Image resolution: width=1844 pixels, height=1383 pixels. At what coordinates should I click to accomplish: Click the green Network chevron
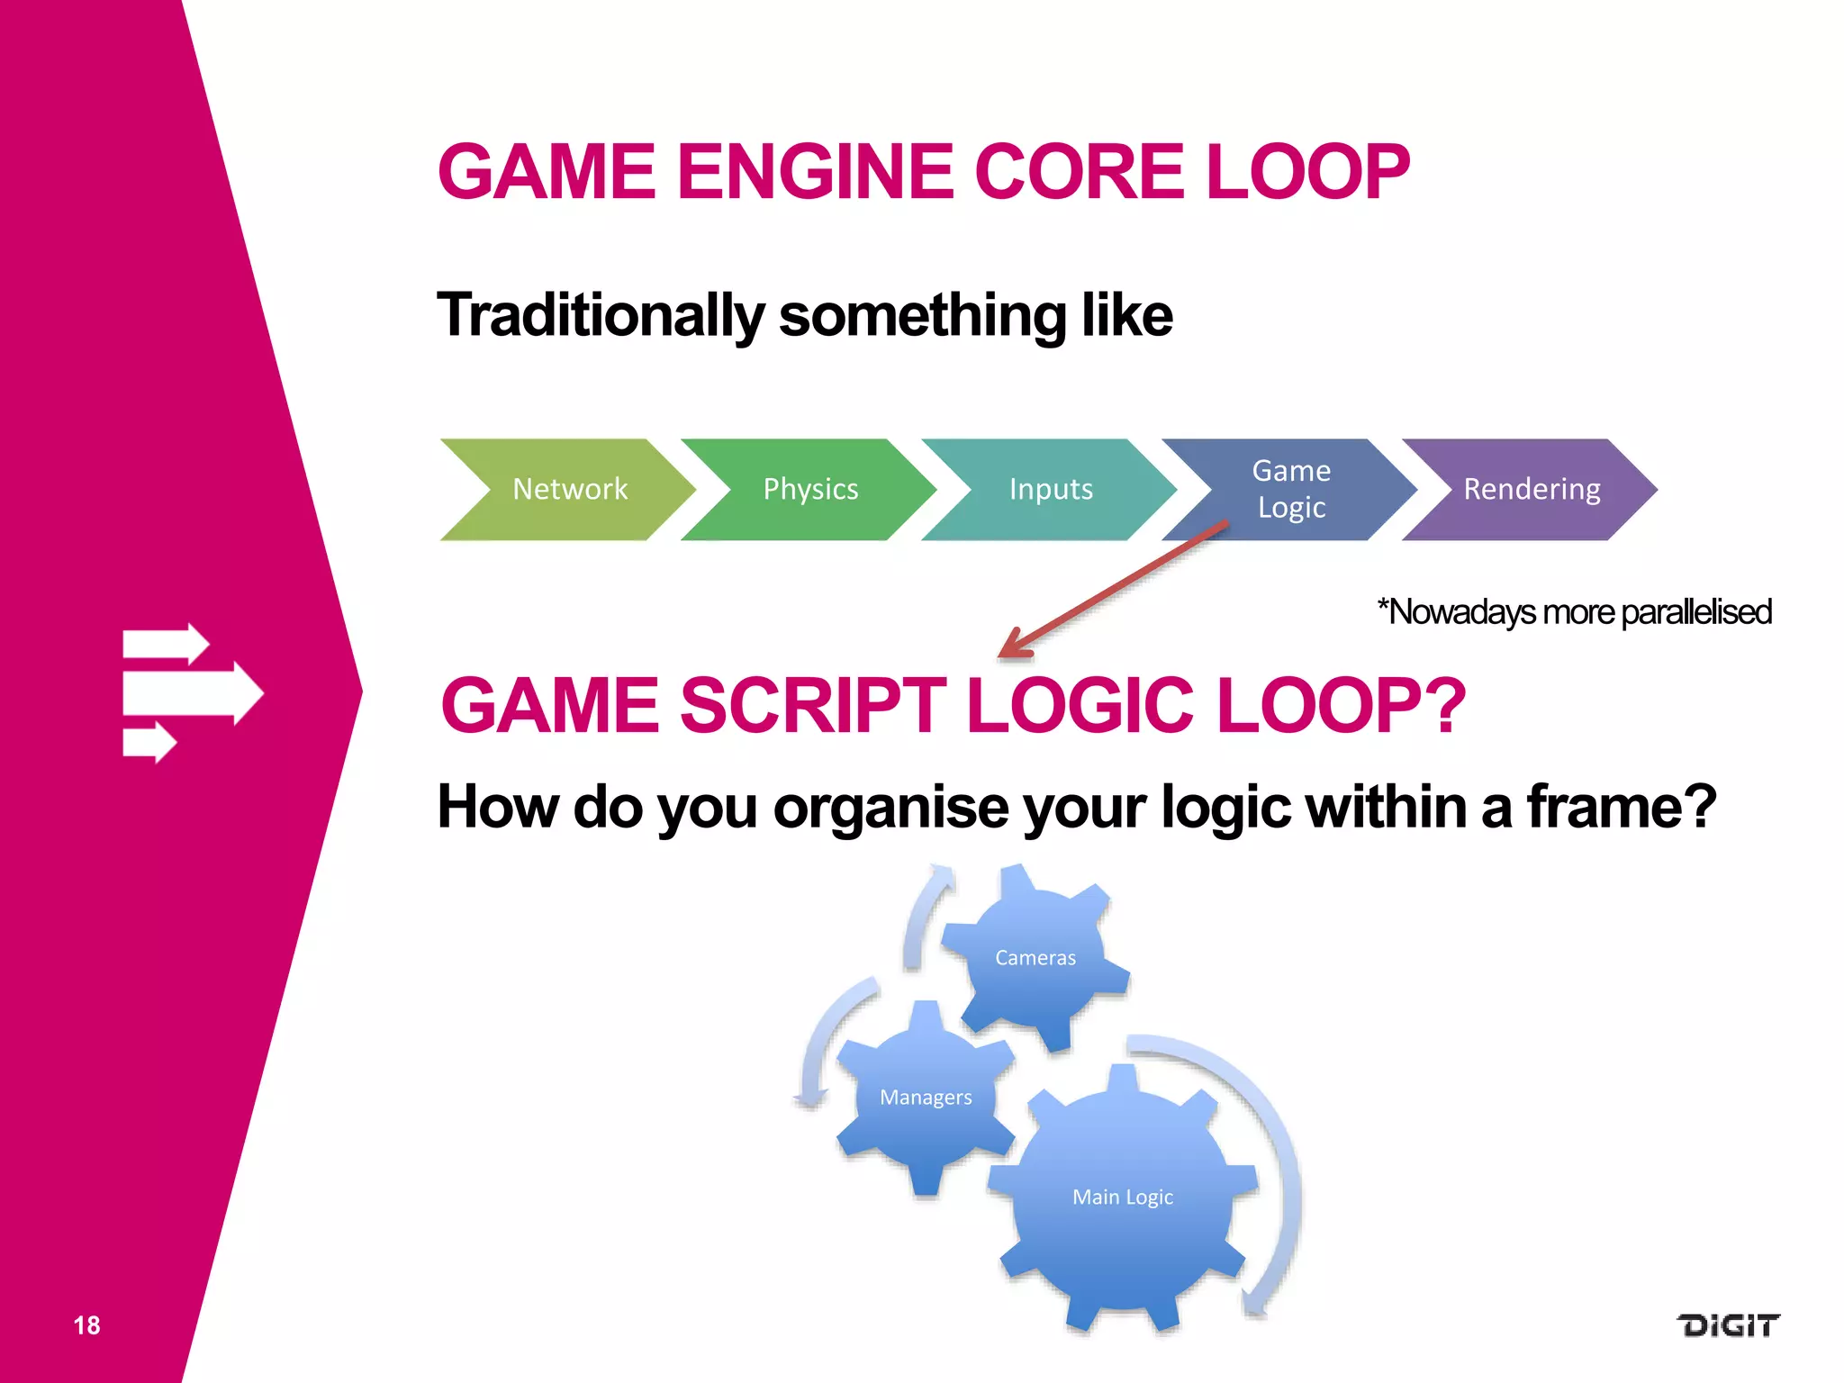pos(569,490)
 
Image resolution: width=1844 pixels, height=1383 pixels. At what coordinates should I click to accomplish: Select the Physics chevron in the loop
pos(809,490)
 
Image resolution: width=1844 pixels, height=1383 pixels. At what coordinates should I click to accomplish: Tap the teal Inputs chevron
pos(1050,490)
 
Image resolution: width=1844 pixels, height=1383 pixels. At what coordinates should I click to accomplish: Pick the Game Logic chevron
pos(1290,490)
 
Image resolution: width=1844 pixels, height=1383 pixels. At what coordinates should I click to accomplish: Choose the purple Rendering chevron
pos(1531,490)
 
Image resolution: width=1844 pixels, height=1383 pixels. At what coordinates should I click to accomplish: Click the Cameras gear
pos(1035,957)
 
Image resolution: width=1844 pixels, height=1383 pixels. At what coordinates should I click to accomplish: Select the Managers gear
pos(926,1097)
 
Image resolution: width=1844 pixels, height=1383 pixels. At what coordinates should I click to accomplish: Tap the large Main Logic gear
pos(1123,1197)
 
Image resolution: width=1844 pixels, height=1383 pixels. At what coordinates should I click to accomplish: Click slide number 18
pos(86,1325)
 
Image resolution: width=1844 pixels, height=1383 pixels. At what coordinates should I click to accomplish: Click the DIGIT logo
pos(1727,1325)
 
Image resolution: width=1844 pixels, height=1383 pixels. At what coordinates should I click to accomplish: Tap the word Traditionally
pos(601,315)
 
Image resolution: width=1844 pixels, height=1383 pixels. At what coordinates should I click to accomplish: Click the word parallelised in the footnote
pos(1695,612)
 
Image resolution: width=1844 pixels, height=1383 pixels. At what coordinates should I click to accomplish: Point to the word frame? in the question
pos(1621,806)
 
